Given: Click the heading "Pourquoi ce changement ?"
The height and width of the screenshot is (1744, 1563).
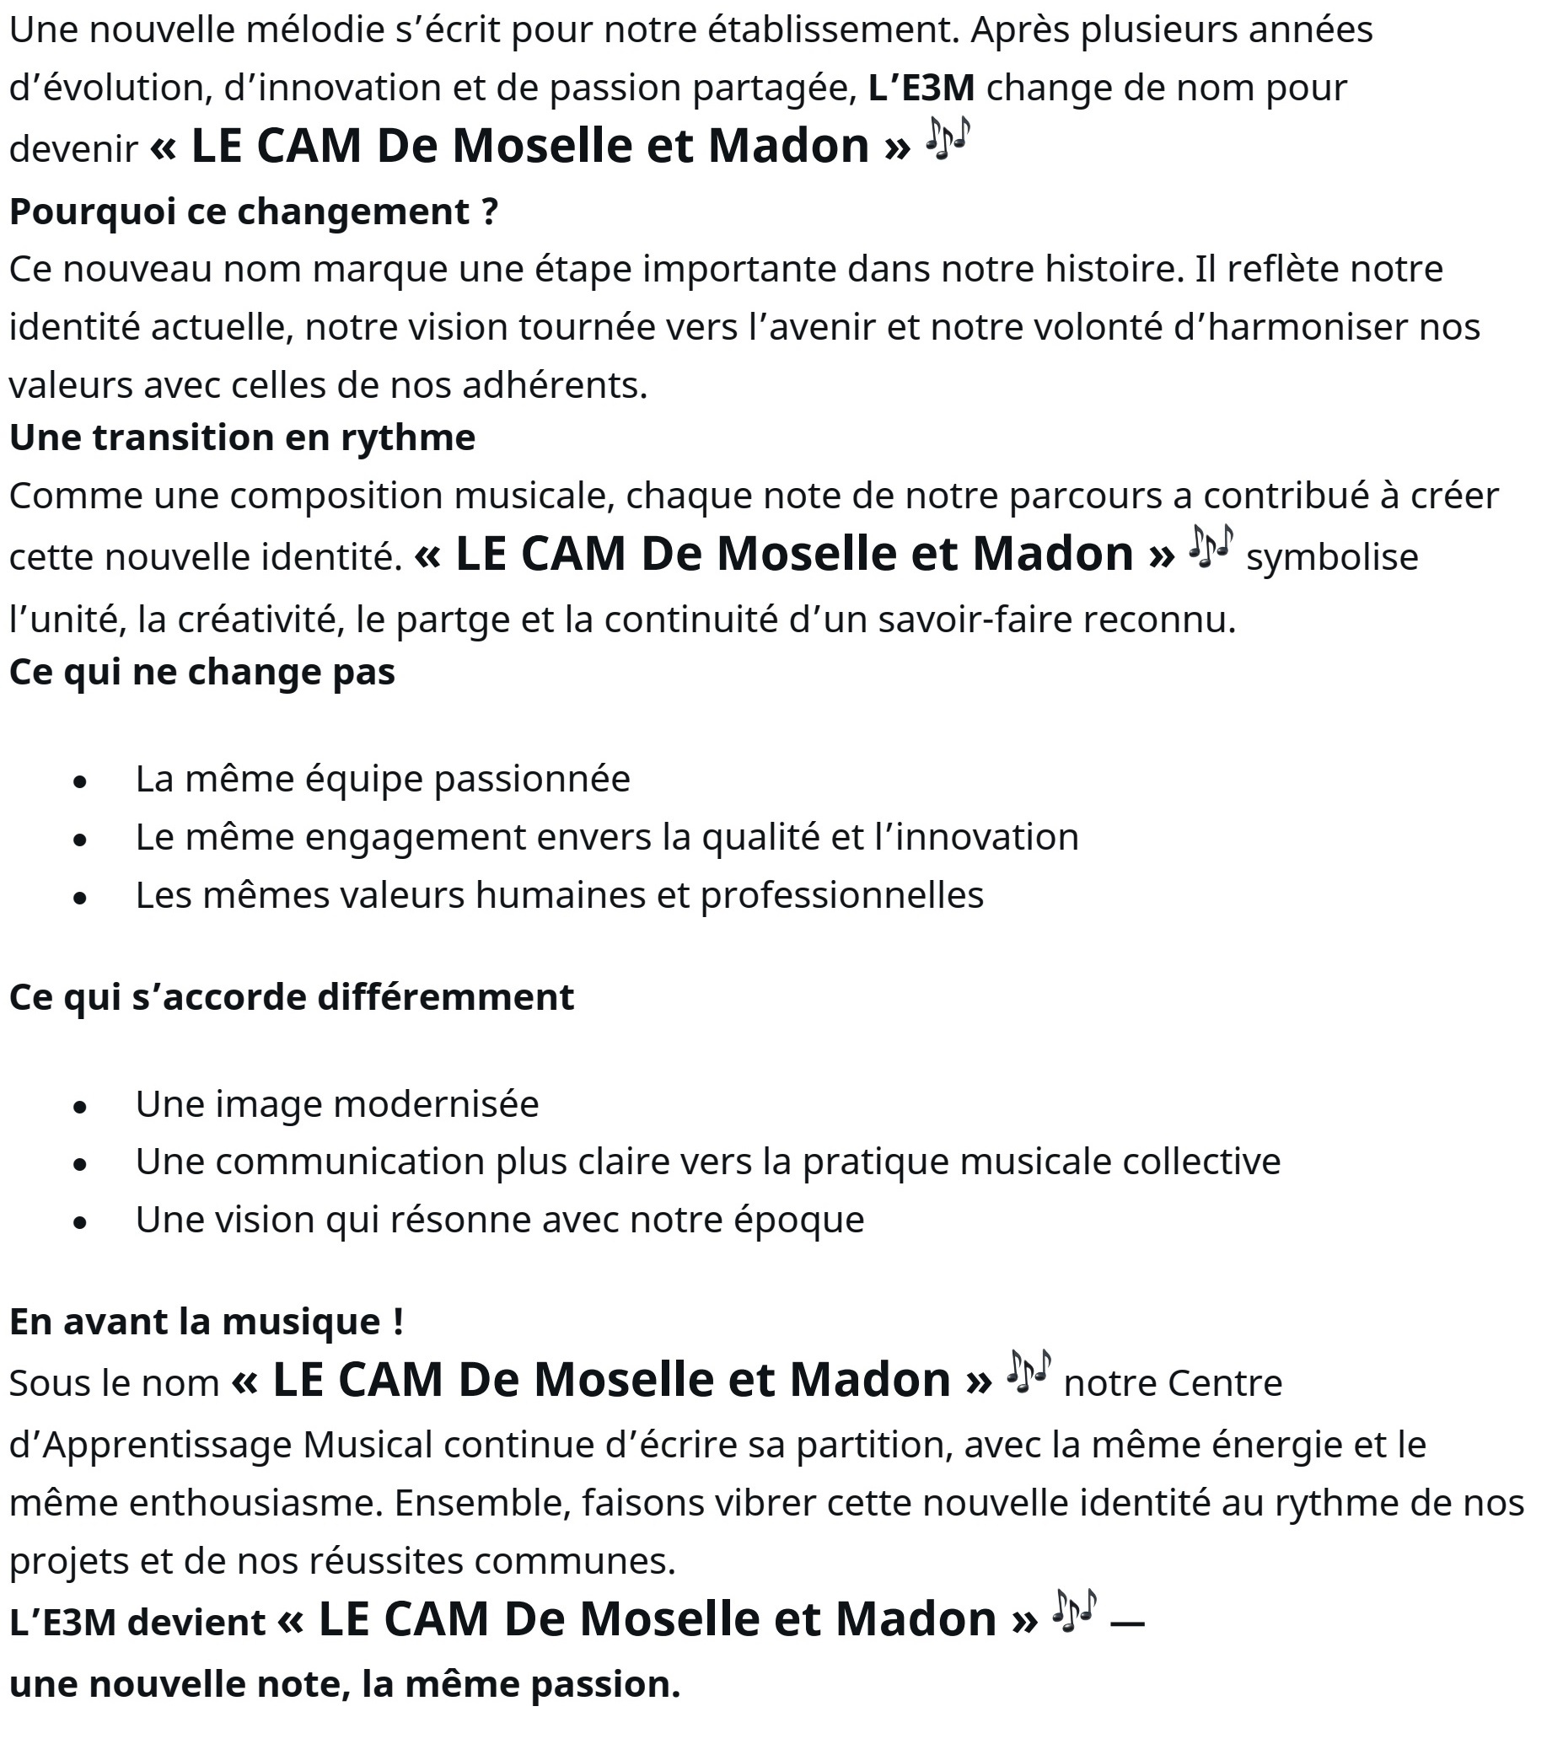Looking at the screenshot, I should click(x=254, y=212).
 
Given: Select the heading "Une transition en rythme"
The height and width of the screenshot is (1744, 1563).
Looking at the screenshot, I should click(x=241, y=437).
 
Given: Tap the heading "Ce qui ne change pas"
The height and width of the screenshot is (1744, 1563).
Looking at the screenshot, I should click(x=201, y=672).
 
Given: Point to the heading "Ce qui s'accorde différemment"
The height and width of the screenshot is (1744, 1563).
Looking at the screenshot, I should click(x=291, y=997).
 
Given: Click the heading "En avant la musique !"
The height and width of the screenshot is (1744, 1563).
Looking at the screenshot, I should click(x=206, y=1321).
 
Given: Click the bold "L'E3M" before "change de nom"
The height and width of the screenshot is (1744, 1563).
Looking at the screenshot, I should click(x=921, y=88).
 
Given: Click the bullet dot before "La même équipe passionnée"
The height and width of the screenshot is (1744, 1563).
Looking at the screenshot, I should click(x=81, y=781).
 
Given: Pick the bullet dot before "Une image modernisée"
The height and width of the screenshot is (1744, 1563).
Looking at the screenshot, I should click(x=81, y=1107).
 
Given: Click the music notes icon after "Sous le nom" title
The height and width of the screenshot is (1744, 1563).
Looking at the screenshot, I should click(x=1028, y=1371).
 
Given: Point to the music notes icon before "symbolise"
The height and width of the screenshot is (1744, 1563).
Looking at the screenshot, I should click(x=1211, y=546).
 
